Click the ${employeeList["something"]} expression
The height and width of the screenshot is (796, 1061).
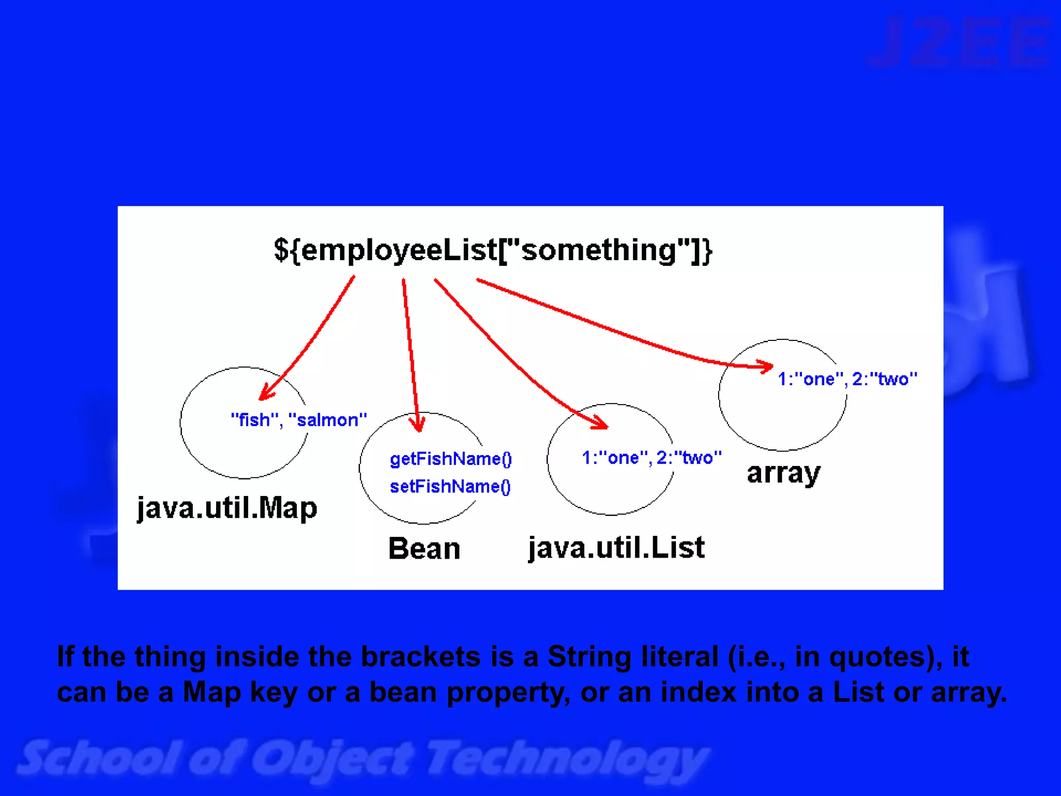[493, 250]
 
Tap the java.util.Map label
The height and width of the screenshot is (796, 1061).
[227, 508]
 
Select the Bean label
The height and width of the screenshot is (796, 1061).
[424, 548]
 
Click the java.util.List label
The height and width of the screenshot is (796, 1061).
[616, 548]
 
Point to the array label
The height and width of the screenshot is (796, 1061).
[784, 473]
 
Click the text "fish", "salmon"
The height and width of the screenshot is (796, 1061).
[299, 420]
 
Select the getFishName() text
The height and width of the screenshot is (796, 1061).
[451, 459]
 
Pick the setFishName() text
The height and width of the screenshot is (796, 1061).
[450, 487]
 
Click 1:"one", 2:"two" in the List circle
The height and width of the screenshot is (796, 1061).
[651, 458]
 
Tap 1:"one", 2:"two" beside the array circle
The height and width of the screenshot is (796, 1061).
[848, 379]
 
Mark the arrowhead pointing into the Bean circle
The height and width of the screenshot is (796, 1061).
[418, 424]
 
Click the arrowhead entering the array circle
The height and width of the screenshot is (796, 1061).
[766, 366]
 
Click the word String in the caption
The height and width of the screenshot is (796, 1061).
[590, 657]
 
